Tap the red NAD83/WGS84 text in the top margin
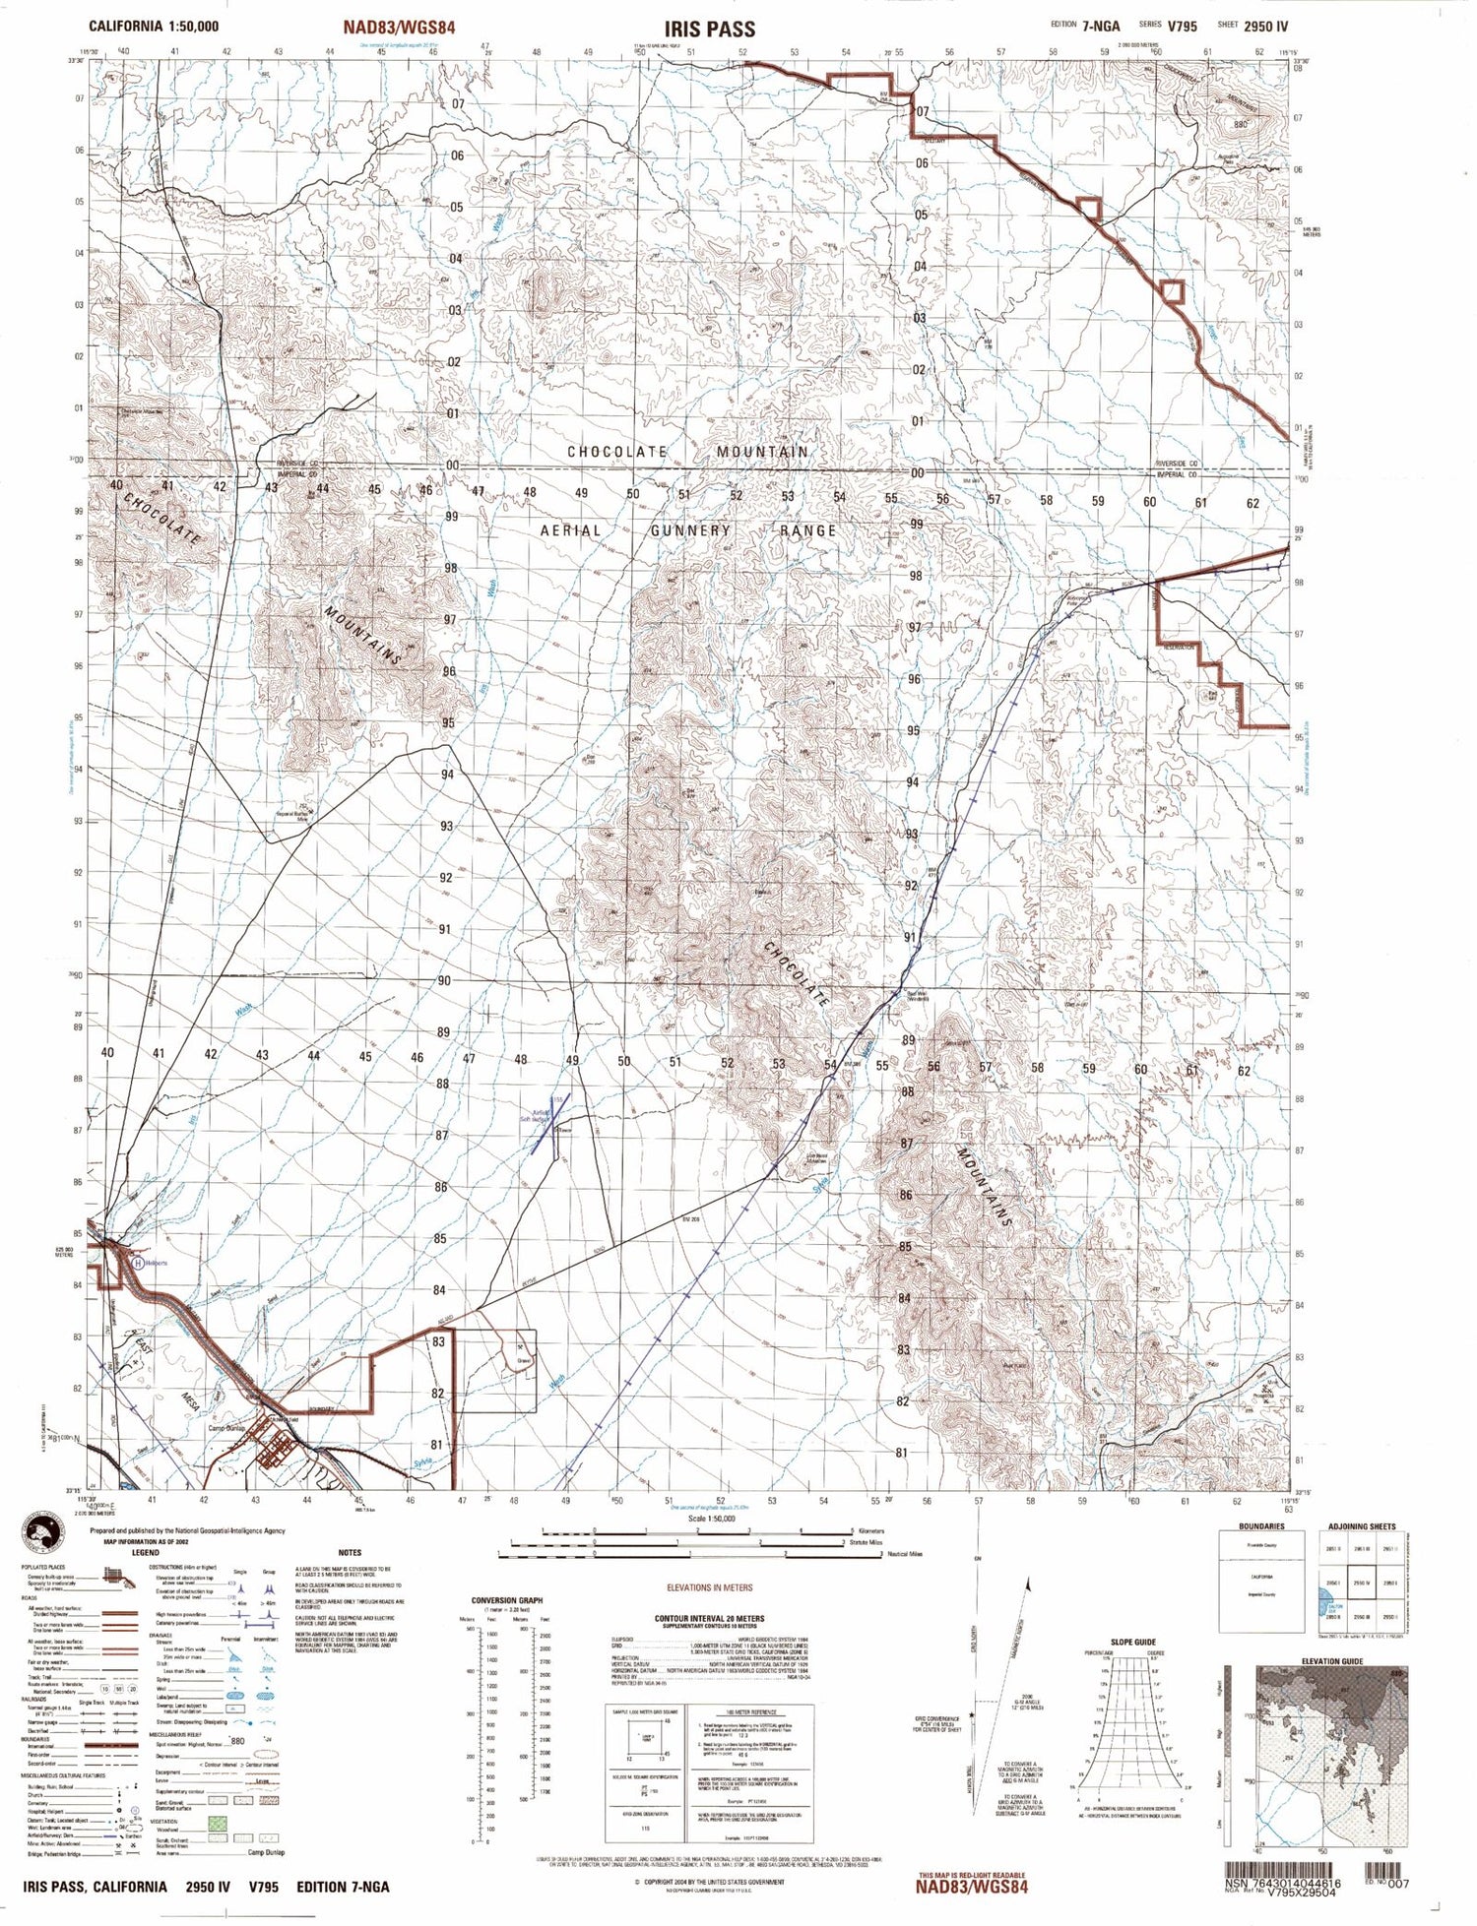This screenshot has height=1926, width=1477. pos(399,28)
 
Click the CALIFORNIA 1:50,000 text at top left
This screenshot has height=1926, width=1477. pos(154,27)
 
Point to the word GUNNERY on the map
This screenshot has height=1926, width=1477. pos(689,530)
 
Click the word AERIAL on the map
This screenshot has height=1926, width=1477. pos(570,530)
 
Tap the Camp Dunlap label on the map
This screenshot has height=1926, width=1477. pos(225,1428)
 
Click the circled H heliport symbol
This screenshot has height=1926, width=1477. pos(138,1262)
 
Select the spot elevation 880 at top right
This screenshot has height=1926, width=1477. pos(1240,124)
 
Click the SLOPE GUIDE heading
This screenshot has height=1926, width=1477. pos(1132,1642)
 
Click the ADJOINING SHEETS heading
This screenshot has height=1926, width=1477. pos(1361,1526)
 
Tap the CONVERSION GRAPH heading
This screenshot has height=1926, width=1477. pos(508,1600)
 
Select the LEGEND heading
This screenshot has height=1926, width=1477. pos(145,1552)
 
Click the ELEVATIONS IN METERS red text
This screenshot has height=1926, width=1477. pos(709,1587)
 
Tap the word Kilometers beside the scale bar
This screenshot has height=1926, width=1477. pos(869,1530)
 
